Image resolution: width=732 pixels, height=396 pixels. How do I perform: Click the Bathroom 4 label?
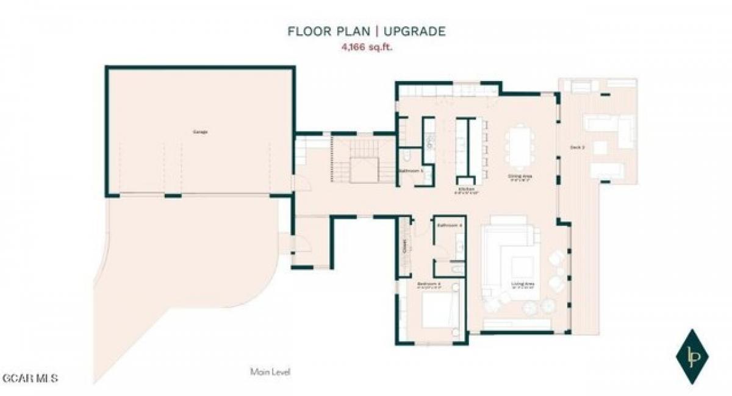coord(450,225)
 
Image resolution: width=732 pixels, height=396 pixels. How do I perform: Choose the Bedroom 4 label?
coord(429,285)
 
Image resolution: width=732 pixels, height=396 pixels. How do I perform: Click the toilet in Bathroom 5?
coord(410,157)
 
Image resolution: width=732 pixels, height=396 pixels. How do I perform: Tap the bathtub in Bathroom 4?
coord(456,268)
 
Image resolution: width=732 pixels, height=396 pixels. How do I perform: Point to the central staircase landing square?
coord(364,169)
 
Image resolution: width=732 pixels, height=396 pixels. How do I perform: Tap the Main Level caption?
coord(270,372)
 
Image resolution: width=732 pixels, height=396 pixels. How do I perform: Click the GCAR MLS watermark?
coord(30,378)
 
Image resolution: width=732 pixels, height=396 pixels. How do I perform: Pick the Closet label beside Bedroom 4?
coord(404,247)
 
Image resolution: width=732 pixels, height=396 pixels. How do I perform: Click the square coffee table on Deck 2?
coord(600,147)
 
